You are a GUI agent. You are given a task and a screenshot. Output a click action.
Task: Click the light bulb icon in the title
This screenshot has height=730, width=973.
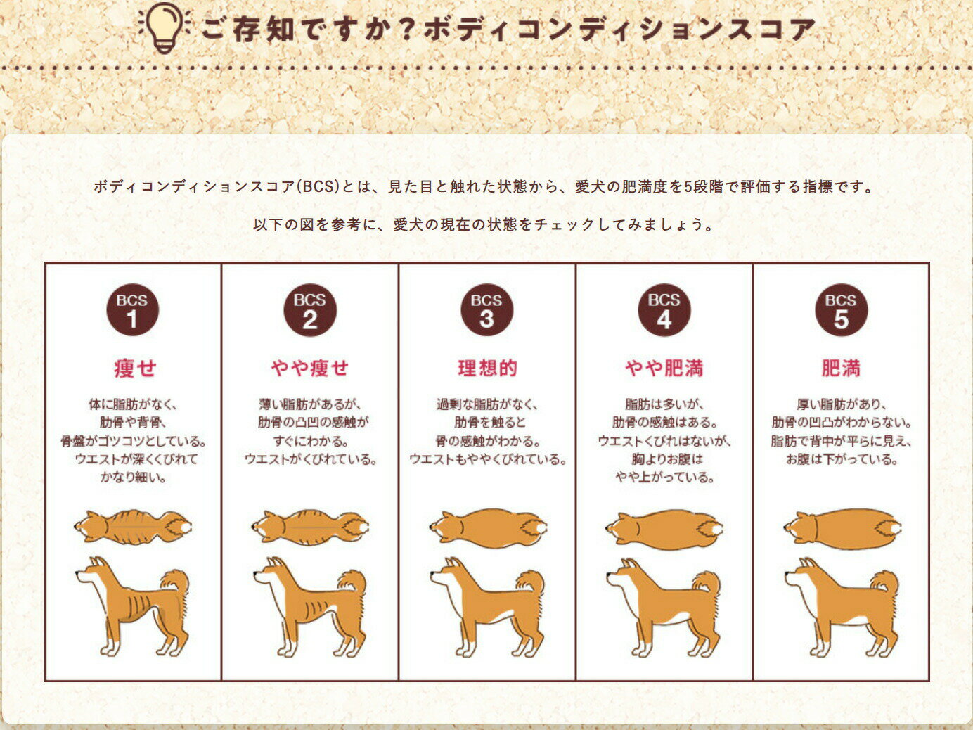tap(165, 28)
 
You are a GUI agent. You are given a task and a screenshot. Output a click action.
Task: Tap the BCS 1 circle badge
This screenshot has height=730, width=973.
tap(133, 310)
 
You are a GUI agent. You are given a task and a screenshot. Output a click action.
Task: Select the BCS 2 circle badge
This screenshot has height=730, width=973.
tap(310, 310)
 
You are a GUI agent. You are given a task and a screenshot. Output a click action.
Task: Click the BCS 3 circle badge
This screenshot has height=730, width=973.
tap(487, 310)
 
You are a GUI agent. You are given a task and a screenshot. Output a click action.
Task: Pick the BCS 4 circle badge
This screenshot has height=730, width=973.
tap(664, 310)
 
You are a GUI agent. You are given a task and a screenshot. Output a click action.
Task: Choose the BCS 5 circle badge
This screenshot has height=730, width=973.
tap(842, 310)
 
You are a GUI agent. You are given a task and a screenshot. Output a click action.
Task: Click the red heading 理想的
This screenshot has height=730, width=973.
tap(487, 369)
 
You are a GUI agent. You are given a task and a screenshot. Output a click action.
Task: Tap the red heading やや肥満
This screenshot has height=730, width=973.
tap(664, 369)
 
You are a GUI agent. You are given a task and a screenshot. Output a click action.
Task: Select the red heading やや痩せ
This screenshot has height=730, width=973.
tap(310, 369)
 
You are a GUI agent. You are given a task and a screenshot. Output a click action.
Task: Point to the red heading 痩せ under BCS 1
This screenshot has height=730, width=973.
tap(135, 369)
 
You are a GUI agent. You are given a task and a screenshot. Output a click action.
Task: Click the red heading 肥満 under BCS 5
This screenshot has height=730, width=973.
tap(841, 369)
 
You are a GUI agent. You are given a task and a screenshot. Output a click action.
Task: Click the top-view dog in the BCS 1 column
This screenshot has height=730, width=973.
tap(133, 527)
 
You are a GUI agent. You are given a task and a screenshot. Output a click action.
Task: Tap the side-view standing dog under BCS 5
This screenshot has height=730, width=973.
tap(842, 607)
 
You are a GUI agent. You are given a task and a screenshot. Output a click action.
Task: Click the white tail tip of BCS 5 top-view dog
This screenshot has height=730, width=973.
tap(896, 528)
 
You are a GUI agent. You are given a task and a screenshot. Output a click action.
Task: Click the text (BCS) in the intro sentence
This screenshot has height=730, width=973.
tap(317, 186)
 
